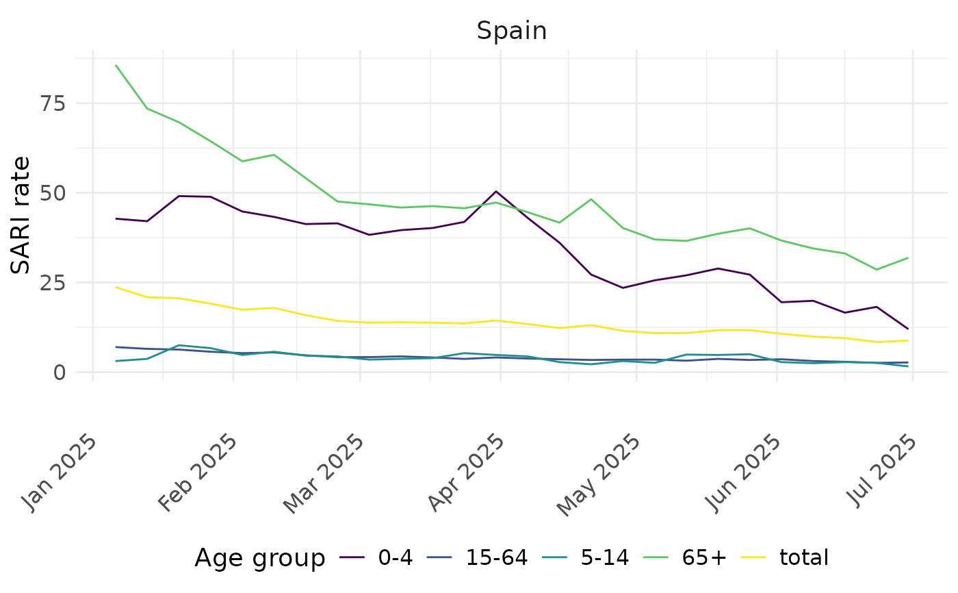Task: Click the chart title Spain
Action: point(512,31)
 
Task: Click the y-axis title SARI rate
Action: point(22,215)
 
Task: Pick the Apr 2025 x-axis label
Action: point(467,472)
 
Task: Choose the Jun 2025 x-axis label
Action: point(743,472)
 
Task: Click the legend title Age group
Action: point(260,559)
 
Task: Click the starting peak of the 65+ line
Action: point(116,66)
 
